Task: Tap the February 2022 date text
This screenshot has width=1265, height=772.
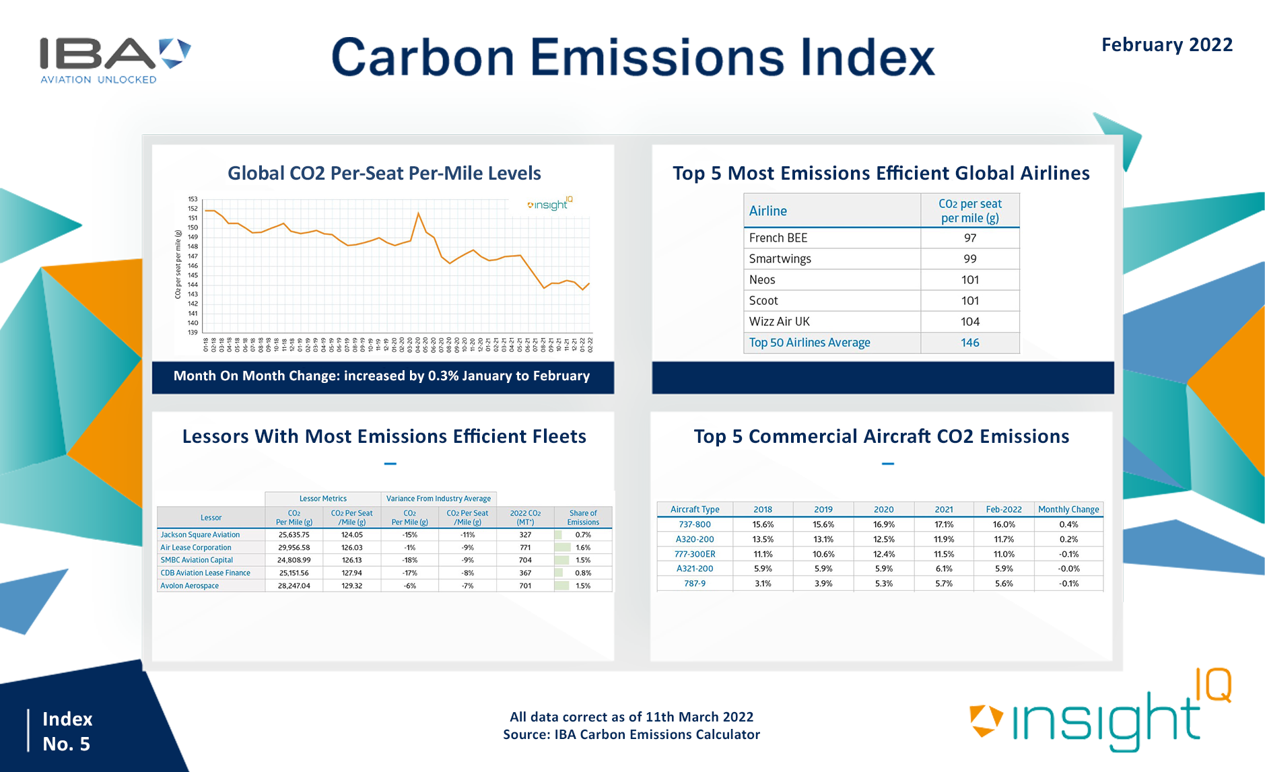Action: coord(1166,45)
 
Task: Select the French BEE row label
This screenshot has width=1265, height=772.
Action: coord(778,238)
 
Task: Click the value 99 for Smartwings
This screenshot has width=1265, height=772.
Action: coord(969,259)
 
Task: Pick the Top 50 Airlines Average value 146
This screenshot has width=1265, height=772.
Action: coord(969,343)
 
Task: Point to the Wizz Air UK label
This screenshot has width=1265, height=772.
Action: coord(779,322)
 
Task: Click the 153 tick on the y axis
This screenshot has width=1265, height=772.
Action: coord(193,199)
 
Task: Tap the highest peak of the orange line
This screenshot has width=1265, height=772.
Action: coord(419,213)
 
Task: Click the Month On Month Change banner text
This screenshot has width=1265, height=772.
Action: coord(382,376)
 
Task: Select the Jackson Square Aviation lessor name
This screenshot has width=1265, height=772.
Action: coord(200,535)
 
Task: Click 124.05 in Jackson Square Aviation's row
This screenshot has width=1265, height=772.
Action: coord(351,535)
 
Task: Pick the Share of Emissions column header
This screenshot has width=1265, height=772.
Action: coord(582,518)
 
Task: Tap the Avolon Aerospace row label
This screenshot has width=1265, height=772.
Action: coord(189,586)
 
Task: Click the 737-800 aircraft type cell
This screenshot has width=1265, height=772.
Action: coord(694,524)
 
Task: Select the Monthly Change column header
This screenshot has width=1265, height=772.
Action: coord(1068,510)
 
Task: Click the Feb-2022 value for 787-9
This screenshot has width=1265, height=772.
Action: coord(1003,584)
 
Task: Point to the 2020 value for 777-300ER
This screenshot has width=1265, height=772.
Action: coord(883,554)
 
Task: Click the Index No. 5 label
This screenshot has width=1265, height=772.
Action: coord(67,731)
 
